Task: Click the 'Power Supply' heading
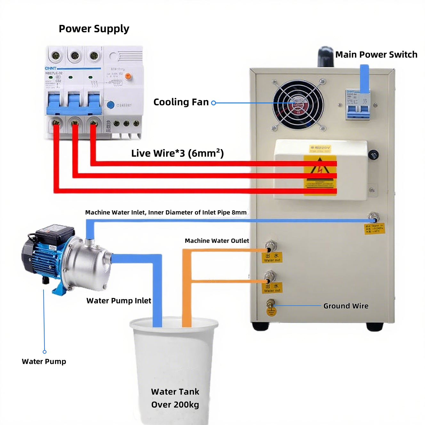point(94,29)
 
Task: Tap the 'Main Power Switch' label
point(376,55)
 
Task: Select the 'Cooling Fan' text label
point(181,102)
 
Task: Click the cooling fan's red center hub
point(298,105)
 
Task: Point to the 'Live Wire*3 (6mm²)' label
point(177,153)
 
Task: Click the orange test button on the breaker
point(128,76)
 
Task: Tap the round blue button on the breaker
point(110,105)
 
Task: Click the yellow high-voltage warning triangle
point(320,166)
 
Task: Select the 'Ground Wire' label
point(346,306)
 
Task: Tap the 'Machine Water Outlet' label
point(217,241)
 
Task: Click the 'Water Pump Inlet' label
point(119,301)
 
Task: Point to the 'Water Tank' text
point(175,392)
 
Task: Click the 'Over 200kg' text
point(175,405)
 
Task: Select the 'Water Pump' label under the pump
point(44,362)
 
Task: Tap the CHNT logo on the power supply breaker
point(51,68)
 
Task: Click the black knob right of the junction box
point(373,155)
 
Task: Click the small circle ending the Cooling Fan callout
point(213,103)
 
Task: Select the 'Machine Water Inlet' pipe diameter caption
point(166,212)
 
